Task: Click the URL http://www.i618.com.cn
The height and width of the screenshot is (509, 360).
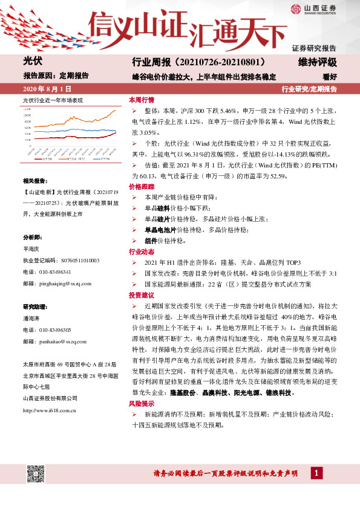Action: pos(49,410)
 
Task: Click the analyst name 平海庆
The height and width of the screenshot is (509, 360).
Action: pos(32,248)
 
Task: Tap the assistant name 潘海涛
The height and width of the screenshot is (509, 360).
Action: pos(32,318)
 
